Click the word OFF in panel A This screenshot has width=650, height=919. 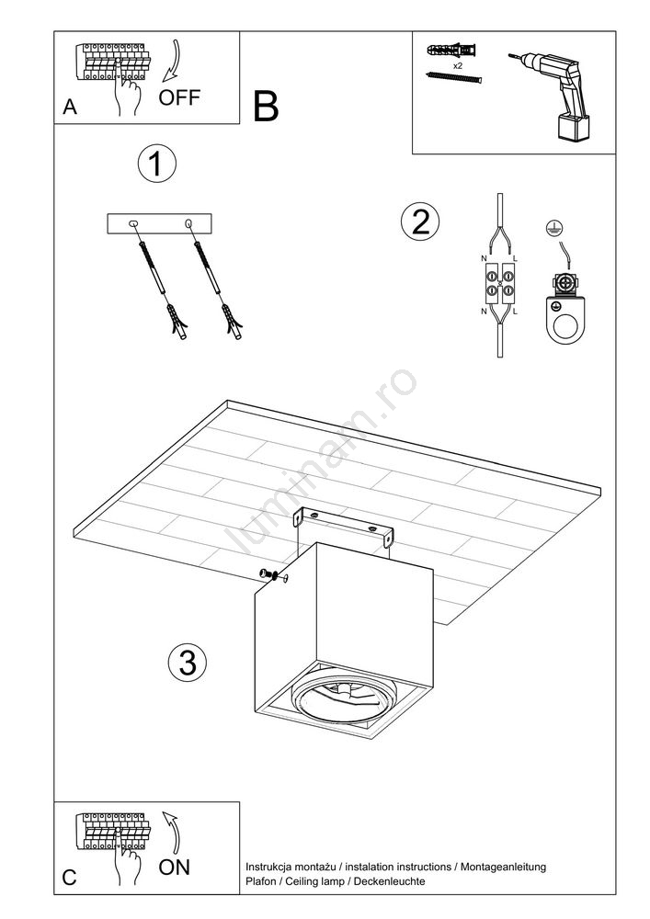179,97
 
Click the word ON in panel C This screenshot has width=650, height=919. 174,867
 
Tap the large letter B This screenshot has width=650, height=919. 266,107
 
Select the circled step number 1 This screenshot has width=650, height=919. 156,163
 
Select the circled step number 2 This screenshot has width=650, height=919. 420,222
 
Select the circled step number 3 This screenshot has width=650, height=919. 188,663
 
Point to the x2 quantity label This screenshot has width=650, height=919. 458,66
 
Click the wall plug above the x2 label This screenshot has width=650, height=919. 452,50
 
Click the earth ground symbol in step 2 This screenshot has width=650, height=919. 551,228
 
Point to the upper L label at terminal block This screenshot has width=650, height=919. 515,258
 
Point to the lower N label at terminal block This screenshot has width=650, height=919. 484,312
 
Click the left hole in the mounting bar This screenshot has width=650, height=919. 133,223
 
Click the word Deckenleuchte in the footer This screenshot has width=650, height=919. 390,881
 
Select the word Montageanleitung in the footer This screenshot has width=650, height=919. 503,867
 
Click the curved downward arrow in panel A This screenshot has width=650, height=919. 173,61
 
